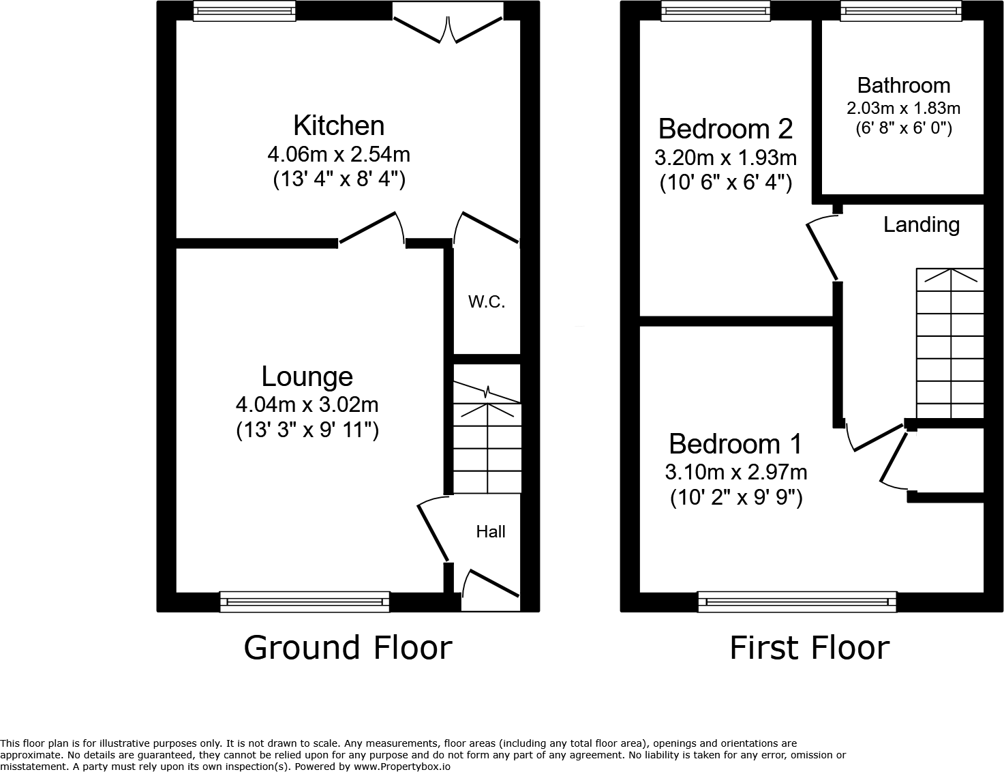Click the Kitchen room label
pos(339,125)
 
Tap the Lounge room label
pos(307,376)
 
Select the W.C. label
pos(487,302)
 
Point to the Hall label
pos(491,532)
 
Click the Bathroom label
pos(904,85)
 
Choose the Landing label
pos(922,224)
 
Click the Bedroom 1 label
pos(735,444)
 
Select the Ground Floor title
pos(348,648)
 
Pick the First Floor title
pos(810,648)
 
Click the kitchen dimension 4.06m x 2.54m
pos(339,154)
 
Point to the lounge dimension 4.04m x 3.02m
pos(307,405)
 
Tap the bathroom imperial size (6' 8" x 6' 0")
pos(904,128)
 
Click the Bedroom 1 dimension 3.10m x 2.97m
pos(736,473)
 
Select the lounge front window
pos(305,602)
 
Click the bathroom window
pos(901,11)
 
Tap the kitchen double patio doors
pos(448,23)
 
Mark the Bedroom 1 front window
pos(797,602)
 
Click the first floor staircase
pos(950,344)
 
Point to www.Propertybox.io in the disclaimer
pos(401,767)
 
